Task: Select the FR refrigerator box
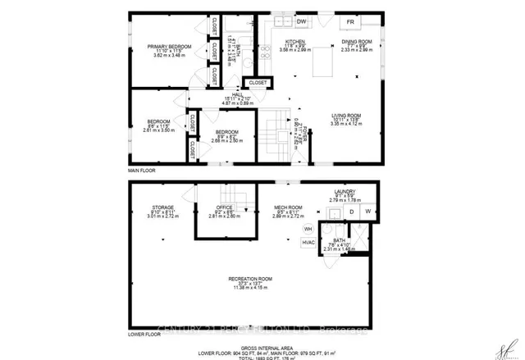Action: click(349, 21)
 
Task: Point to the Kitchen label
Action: click(294, 41)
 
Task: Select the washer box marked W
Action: click(367, 212)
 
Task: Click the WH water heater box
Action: click(308, 228)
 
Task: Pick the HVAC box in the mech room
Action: click(308, 243)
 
